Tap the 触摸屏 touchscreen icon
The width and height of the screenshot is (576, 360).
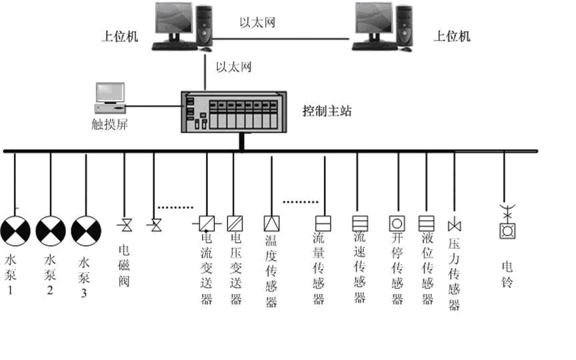pyautogui.click(x=110, y=98)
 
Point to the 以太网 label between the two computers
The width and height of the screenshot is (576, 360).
pyautogui.click(x=257, y=23)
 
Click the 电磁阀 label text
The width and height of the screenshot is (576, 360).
pyautogui.click(x=124, y=265)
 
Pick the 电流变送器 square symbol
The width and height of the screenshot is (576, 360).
pyautogui.click(x=206, y=223)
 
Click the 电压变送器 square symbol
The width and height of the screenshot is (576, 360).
pyautogui.click(x=235, y=223)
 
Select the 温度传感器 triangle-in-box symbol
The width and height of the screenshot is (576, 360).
pyautogui.click(x=271, y=223)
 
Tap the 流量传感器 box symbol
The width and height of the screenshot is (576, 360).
pyautogui.click(x=323, y=223)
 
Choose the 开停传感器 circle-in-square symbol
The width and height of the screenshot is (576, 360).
pyautogui.click(x=397, y=223)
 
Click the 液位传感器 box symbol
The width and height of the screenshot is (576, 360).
pyautogui.click(x=426, y=223)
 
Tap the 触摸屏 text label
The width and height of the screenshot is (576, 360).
pyautogui.click(x=109, y=124)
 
